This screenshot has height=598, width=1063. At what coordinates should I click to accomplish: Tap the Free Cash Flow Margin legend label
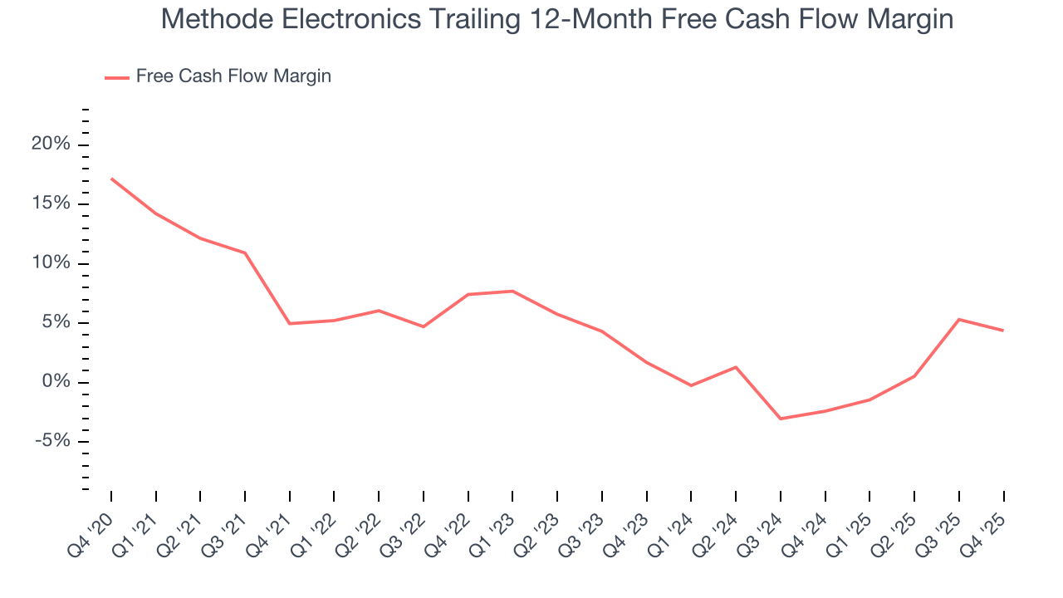pos(233,76)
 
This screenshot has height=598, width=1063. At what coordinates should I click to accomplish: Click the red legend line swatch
pos(116,77)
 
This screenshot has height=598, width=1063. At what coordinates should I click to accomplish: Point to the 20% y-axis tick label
pos(51,145)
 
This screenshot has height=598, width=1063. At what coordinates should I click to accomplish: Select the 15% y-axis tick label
pos(51,204)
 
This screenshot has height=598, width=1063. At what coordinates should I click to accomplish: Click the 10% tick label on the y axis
pos(51,263)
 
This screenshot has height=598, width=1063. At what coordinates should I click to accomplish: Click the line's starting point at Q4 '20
pos(111,179)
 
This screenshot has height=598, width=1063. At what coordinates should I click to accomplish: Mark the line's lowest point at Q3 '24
pos(781,419)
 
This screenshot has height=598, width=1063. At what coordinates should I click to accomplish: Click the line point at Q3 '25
pos(959,319)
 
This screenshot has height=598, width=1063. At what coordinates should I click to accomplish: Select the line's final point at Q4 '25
pos(1003,331)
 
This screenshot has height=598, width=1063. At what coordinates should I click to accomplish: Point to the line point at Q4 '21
pos(290,323)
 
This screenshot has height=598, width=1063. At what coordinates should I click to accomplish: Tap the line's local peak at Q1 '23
pos(512,291)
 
